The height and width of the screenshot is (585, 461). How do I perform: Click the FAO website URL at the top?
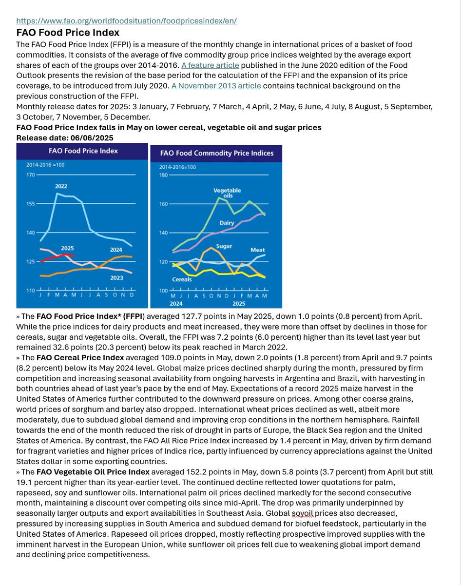[x=126, y=21]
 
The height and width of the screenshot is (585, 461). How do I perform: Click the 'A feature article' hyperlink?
[x=210, y=65]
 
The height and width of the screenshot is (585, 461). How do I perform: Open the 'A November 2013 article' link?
[x=216, y=86]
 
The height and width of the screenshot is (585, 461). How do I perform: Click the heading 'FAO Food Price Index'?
[x=68, y=33]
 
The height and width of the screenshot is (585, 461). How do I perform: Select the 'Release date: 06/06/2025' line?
[x=65, y=138]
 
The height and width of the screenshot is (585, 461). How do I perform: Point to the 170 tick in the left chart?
[x=31, y=175]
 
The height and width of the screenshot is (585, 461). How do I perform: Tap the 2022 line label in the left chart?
[x=61, y=186]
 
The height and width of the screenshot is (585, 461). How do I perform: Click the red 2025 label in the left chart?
[x=67, y=249]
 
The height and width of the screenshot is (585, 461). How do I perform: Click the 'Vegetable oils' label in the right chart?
[x=227, y=193]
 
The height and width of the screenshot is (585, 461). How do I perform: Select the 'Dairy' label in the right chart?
[x=227, y=223]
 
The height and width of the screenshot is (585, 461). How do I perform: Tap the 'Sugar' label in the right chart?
[x=224, y=246]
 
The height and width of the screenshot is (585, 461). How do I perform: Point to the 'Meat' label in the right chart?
[x=257, y=250]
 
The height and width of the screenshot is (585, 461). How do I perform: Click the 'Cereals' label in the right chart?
[x=182, y=279]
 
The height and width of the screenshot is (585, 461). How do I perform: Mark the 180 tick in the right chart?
[x=163, y=175]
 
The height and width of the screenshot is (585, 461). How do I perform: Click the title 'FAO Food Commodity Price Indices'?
[x=217, y=153]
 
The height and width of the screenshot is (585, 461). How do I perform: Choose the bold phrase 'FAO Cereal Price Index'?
[x=80, y=358]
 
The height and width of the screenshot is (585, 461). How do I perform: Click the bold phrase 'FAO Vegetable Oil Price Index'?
[x=93, y=472]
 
